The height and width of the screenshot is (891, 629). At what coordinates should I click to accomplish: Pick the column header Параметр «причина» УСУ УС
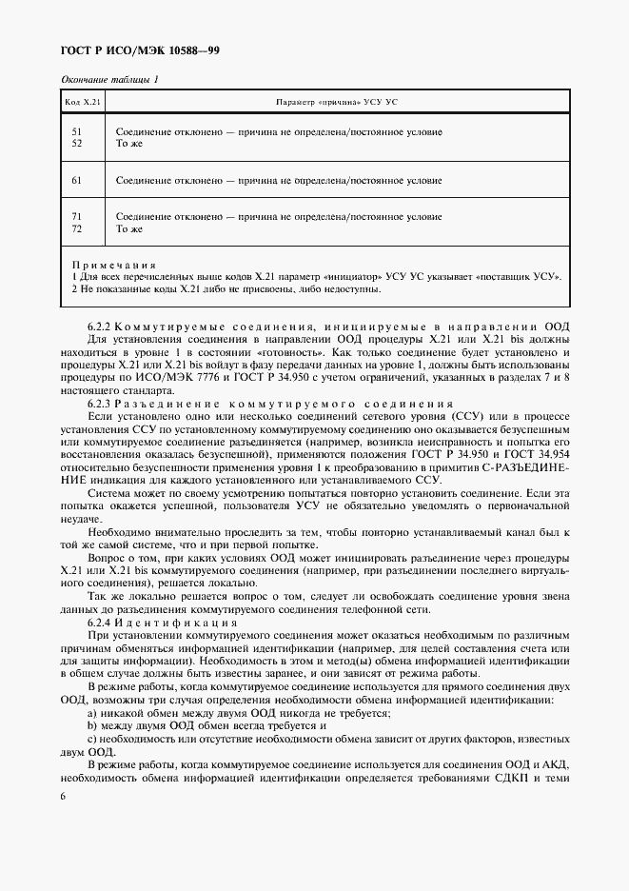[344, 101]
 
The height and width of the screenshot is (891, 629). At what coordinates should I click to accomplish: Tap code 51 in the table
[77, 131]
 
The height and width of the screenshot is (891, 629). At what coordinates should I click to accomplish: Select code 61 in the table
[77, 179]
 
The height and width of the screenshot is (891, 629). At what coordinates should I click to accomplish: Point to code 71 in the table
[77, 217]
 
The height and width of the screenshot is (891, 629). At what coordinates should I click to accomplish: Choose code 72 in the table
[77, 228]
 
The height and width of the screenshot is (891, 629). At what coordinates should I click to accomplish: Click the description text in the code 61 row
[278, 179]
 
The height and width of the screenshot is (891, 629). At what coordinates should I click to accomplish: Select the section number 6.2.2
[99, 327]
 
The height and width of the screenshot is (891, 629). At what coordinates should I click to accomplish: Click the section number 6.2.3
[99, 403]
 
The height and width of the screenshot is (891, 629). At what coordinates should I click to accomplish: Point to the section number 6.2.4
[99, 622]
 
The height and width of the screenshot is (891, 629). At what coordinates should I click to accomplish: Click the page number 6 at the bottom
[63, 796]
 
